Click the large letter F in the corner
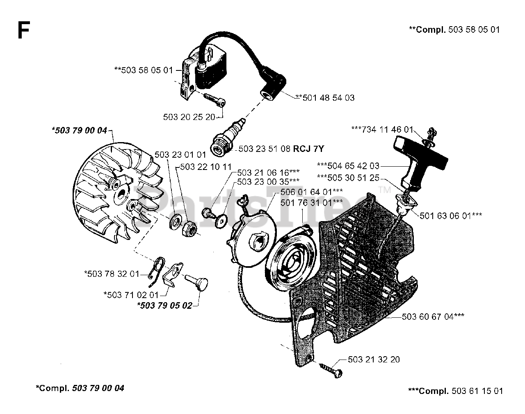[x=24, y=30]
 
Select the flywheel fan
[x=118, y=193]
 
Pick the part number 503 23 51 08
[x=265, y=149]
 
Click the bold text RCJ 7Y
[x=308, y=149]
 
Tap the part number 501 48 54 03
[x=329, y=97]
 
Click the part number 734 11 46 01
[x=387, y=129]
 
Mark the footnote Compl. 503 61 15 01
[x=455, y=391]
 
